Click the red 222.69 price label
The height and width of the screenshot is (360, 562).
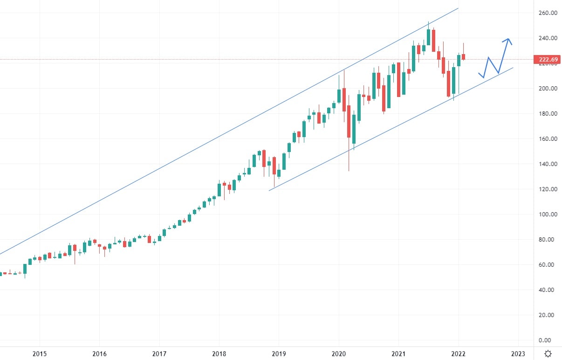coord(548,60)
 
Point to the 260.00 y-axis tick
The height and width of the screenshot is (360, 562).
coord(548,13)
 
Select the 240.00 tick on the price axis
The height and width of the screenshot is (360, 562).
coord(548,38)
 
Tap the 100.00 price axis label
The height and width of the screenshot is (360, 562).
coord(548,215)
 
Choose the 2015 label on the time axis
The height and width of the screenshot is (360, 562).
coord(40,353)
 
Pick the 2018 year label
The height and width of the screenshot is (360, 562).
coord(219,353)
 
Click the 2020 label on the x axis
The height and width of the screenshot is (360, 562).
coord(339,353)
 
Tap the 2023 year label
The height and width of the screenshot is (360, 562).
coord(518,353)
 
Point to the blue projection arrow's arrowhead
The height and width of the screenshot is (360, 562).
coord(508,39)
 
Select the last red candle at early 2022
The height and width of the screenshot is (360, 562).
coord(464,57)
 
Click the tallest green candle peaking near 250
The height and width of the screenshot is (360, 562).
coord(428,37)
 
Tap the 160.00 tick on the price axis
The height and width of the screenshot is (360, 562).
coord(548,139)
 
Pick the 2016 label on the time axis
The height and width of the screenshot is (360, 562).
coord(99,353)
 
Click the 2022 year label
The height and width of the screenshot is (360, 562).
coord(459,353)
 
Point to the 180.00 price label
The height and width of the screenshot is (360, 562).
coord(548,114)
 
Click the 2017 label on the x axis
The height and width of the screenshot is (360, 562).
coord(159,353)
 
